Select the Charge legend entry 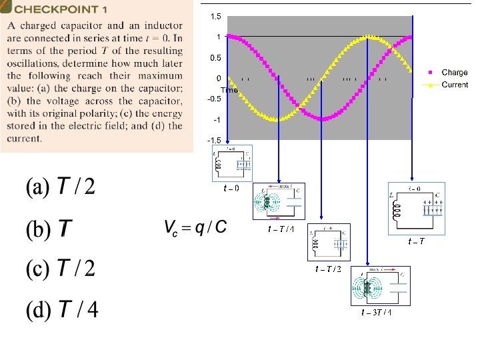click(454, 72)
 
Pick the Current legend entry click(455, 85)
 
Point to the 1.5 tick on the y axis click(215, 16)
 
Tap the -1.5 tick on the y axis click(214, 141)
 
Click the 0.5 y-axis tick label click(215, 58)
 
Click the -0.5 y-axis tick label click(214, 99)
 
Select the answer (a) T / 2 click(61, 187)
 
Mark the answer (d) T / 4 click(62, 310)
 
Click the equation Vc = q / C click(195, 228)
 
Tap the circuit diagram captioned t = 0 click(231, 163)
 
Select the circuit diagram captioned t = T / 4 click(277, 201)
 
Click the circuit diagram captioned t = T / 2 click(328, 242)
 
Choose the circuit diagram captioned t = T click(416, 208)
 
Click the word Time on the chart click(229, 89)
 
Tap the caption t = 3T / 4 click(376, 312)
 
